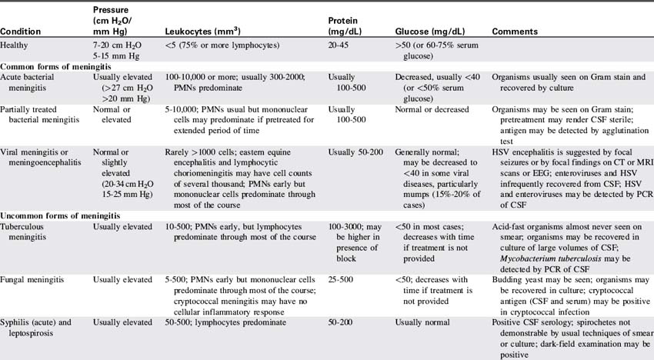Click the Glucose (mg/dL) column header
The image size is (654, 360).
434,32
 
